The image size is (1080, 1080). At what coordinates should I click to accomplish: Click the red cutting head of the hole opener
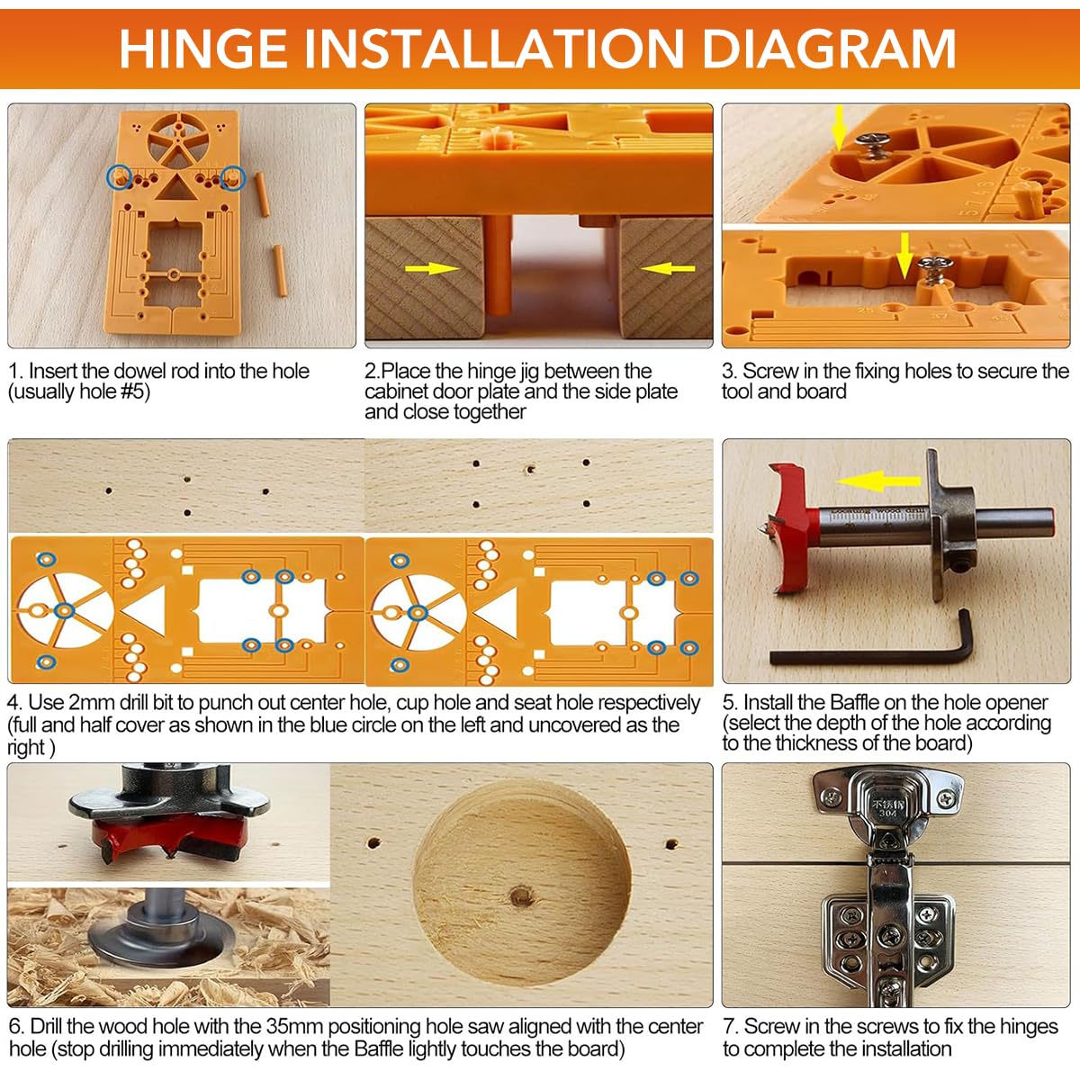point(790,531)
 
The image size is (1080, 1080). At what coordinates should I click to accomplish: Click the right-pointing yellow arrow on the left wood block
point(432,268)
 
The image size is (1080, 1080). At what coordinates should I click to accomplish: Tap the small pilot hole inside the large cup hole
point(519,895)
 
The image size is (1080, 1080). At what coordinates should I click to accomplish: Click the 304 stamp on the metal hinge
point(887,812)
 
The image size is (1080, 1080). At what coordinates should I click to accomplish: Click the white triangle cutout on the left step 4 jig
point(146,613)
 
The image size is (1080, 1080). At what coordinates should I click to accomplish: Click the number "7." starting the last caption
point(731,1026)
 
